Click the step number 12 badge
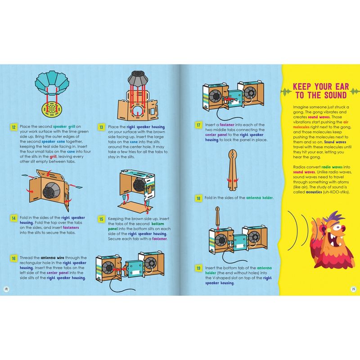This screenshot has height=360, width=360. (x=14, y=127)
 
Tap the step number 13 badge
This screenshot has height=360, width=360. (x=102, y=127)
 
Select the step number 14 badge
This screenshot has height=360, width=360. (x=14, y=218)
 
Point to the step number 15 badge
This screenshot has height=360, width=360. (x=102, y=219)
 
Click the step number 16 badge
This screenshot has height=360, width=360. (x=14, y=258)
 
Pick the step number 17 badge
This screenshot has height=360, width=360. (x=198, y=126)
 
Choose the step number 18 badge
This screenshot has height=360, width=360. (x=198, y=198)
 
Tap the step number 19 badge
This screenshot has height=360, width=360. (x=198, y=268)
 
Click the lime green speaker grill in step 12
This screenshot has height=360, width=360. (x=52, y=109)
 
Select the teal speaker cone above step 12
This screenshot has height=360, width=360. (x=52, y=83)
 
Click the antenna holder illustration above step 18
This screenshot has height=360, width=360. (x=233, y=170)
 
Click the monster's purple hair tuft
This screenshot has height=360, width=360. (x=336, y=217)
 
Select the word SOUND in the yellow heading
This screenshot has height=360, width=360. (x=335, y=95)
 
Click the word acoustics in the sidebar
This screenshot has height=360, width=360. (x=314, y=192)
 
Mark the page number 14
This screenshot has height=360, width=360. (x=6, y=289)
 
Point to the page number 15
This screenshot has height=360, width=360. (x=353, y=289)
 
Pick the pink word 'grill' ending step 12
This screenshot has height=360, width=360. (x=53, y=157)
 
